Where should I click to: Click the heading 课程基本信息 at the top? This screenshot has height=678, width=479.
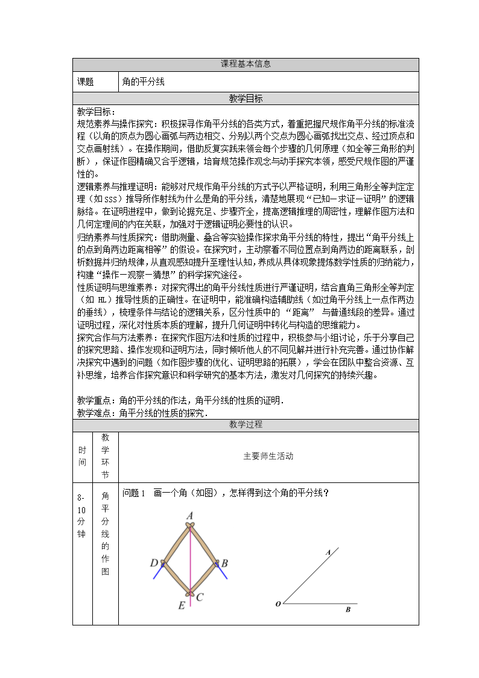click(246, 64)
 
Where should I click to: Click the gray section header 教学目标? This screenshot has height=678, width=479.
click(246, 98)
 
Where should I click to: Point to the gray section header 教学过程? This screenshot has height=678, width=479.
click(246, 425)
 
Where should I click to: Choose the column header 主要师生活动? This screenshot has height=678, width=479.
click(268, 456)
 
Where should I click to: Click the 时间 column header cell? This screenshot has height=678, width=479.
click(82, 457)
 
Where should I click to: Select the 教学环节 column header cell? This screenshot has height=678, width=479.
click(105, 457)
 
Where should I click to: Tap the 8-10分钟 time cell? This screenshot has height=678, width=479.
click(82, 516)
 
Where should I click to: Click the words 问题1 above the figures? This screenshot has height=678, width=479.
click(134, 493)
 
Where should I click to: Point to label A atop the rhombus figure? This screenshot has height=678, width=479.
click(189, 516)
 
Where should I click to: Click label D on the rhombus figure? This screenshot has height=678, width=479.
click(154, 563)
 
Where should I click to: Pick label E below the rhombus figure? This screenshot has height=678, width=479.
click(181, 606)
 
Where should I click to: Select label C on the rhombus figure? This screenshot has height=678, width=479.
click(200, 597)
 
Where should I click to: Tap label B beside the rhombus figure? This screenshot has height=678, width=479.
click(224, 563)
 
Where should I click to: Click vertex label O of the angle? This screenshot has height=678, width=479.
click(278, 604)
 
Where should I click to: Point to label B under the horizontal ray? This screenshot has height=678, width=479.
click(347, 610)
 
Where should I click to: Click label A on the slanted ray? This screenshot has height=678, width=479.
click(328, 552)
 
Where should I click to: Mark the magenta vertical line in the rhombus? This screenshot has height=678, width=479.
click(191, 561)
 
